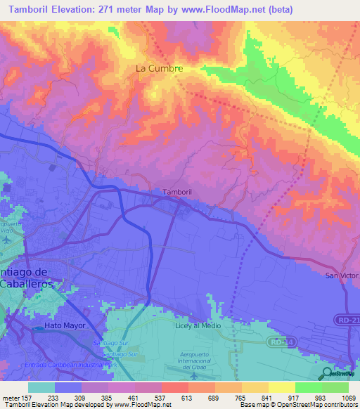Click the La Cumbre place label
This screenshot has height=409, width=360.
[159, 69]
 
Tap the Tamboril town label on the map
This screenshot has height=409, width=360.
[176, 192]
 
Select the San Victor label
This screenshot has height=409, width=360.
[342, 275]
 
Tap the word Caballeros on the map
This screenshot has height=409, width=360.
[23, 284]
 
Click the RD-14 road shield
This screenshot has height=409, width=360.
[278, 342]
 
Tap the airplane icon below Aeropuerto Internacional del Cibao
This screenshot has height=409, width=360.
[193, 376]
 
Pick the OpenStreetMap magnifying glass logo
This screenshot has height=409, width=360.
[328, 373]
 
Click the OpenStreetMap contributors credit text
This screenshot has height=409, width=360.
[321, 405]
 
